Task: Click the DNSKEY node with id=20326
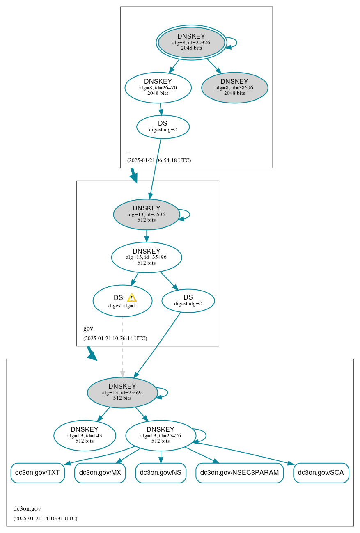coord(191,42)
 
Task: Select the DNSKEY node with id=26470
coord(158,87)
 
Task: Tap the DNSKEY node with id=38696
coord(234,87)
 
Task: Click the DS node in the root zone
coord(163,127)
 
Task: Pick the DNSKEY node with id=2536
coord(147,214)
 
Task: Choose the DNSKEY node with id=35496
coord(147,257)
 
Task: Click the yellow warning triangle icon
coord(131,298)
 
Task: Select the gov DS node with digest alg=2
coord(188,300)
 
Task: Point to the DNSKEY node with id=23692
coord(122,392)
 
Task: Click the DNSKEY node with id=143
coord(85,435)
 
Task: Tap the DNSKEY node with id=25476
coord(161,435)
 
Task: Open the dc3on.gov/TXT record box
coord(37,473)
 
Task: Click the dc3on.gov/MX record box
coord(100,473)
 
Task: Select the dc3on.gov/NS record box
coord(161,473)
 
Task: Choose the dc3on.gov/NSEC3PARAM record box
coord(239,473)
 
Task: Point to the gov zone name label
coord(88,329)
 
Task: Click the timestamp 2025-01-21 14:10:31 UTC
coord(45,519)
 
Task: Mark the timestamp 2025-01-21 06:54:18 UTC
coord(159,160)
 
